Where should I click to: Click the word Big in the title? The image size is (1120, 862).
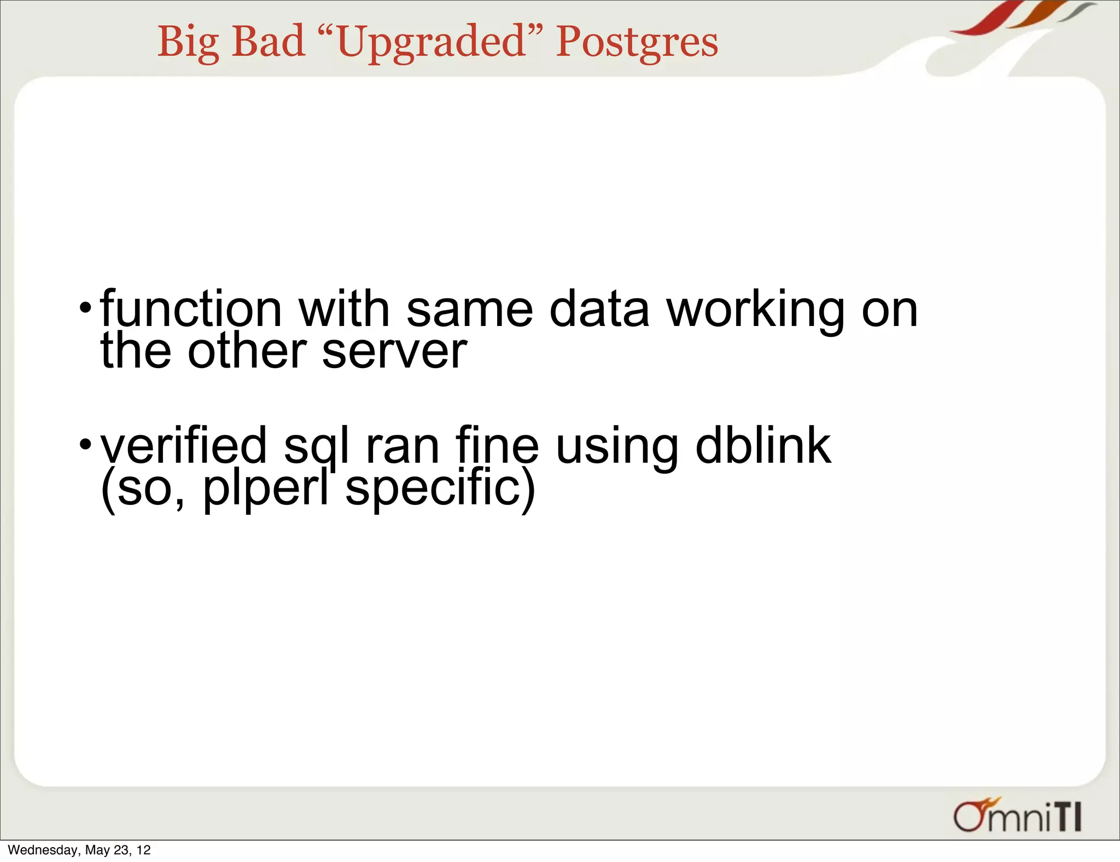[x=188, y=43]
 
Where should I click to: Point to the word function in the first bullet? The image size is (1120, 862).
[x=191, y=309]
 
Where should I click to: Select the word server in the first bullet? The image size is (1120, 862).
[x=394, y=351]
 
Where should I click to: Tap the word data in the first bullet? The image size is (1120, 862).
[x=599, y=309]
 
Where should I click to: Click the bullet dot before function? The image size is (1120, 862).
[x=85, y=307]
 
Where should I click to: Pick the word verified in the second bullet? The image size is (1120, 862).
[x=184, y=446]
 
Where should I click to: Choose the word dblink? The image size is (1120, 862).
[x=763, y=446]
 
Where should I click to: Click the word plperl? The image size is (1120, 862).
[x=265, y=488]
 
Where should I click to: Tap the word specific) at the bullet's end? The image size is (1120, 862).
[x=440, y=488]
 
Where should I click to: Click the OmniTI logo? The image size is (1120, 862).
[x=1017, y=816]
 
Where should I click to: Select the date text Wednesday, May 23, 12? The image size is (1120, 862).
[x=79, y=850]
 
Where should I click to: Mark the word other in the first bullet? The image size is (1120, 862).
[x=247, y=351]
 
